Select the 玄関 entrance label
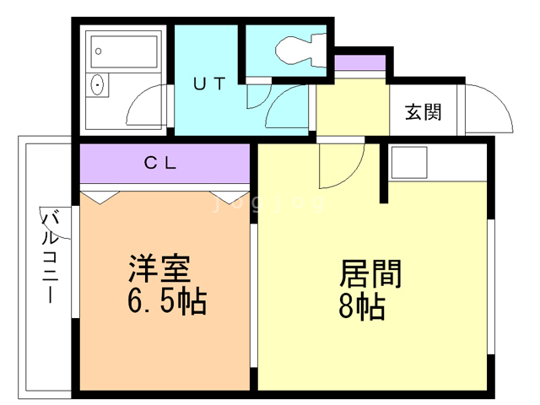[423, 111]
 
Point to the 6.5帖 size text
[166, 301]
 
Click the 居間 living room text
[370, 274]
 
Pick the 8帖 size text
[362, 306]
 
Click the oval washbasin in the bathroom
[98, 85]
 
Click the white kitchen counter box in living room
[409, 160]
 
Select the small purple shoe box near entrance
[359, 63]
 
